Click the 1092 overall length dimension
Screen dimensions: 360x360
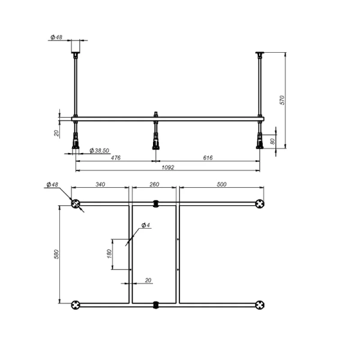167,167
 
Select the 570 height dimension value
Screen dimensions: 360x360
281,100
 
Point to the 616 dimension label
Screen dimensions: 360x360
208,158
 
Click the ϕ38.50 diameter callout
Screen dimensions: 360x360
98,151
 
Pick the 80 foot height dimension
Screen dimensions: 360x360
272,142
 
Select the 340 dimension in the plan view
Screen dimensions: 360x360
100,185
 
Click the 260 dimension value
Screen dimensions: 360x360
154,185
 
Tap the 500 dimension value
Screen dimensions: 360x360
221,185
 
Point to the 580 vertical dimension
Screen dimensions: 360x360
56,254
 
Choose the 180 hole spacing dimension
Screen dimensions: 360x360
109,254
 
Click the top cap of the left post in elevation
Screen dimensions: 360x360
76,46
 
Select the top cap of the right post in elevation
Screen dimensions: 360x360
260,55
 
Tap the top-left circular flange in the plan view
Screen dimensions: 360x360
76,204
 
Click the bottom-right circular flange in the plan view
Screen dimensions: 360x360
260,304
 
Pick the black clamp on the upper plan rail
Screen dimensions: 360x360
155,203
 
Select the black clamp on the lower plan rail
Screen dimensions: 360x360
155,304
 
